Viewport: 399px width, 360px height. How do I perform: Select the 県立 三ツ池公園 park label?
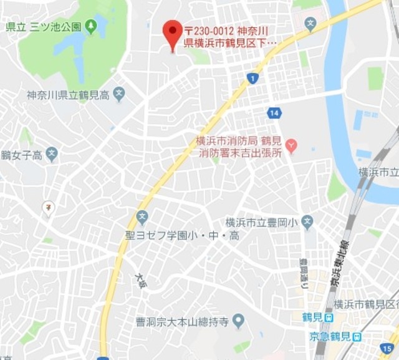click(x=43, y=27)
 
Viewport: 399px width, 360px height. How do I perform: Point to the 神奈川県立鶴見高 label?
click(x=68, y=95)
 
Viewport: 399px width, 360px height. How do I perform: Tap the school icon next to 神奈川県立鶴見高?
click(x=120, y=95)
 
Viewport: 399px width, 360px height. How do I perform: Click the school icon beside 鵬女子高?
click(x=52, y=154)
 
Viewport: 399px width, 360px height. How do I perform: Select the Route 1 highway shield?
click(x=252, y=78)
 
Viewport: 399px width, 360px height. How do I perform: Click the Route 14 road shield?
click(x=274, y=113)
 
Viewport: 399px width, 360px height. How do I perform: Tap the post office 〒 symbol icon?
click(x=48, y=207)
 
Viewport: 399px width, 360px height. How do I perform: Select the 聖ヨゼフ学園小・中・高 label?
click(x=181, y=235)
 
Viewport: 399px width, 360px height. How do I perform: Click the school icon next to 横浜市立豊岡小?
click(x=307, y=221)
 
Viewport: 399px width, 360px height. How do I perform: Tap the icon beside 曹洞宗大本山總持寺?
click(x=238, y=321)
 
